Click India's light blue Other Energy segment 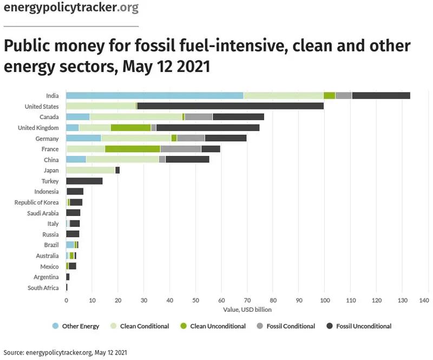[154, 96]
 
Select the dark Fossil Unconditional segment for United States [231, 106]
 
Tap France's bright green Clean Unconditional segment [133, 148]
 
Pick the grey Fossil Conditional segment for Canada [199, 117]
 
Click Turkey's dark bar [84, 181]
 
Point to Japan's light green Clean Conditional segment [90, 170]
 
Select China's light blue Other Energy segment [76, 159]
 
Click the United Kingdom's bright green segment [130, 127]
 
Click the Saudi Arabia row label [43, 213]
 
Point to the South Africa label [43, 287]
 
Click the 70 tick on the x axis [247, 299]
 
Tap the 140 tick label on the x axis [424, 299]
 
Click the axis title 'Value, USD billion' [247, 310]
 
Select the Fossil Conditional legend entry [290, 326]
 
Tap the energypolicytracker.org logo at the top [70, 8]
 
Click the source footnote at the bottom [65, 352]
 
